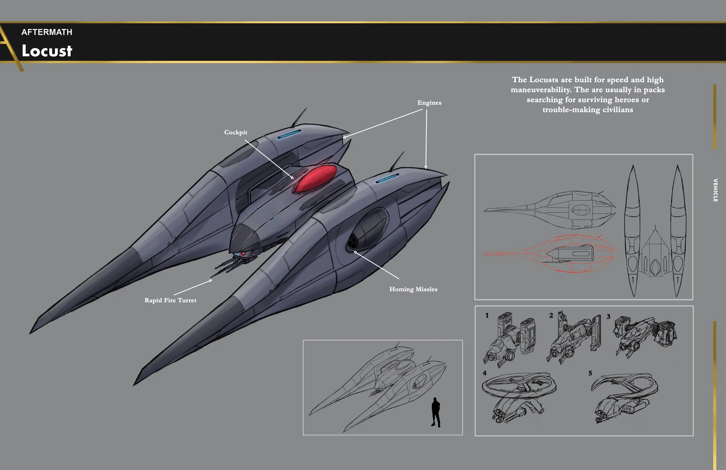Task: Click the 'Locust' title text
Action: (x=47, y=51)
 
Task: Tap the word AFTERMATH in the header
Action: (x=47, y=32)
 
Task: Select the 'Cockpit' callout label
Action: (x=236, y=132)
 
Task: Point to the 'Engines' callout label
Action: (x=429, y=103)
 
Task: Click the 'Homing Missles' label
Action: (x=413, y=289)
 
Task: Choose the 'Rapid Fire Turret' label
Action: (x=170, y=300)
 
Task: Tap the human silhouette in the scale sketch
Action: (x=436, y=412)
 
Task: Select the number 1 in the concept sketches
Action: (x=487, y=315)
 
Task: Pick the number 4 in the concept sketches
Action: (x=484, y=373)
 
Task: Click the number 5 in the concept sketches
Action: (x=590, y=373)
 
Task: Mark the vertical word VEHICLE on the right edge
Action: (x=715, y=190)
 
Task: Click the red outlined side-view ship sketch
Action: (x=549, y=253)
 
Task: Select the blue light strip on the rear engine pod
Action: (x=289, y=134)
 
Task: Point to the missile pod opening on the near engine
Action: (x=353, y=241)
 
